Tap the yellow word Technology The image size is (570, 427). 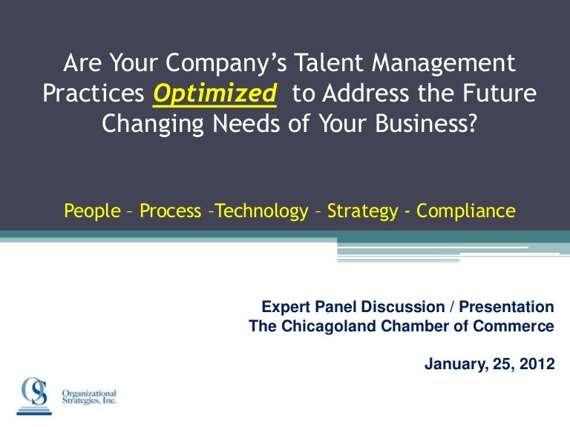coord(257,211)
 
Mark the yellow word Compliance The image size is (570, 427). coord(465,211)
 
